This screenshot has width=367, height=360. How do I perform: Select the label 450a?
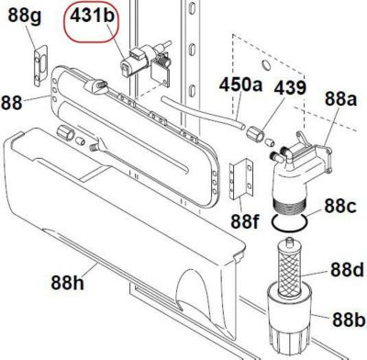point(240,84)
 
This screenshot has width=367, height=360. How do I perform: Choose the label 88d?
point(346,270)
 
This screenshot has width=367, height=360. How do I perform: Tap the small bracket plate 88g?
point(38,63)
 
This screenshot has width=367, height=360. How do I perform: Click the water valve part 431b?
point(139,63)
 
